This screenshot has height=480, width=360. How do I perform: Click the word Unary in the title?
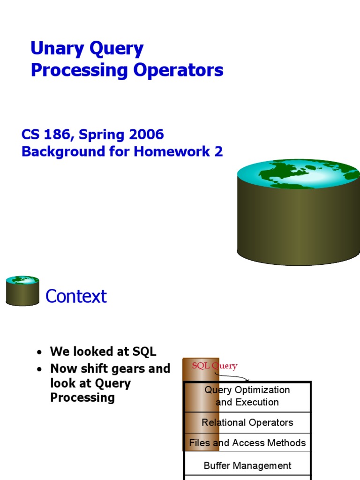pos(57,49)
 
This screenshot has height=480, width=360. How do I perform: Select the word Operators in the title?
pos(178,70)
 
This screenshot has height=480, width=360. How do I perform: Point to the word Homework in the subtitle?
pos(172,151)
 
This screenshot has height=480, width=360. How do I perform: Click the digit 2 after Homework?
pos(218,151)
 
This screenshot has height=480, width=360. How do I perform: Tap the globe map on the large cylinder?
pos(299,173)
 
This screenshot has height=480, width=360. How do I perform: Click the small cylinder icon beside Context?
pos(22,291)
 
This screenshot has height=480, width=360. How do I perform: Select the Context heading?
pos(76,296)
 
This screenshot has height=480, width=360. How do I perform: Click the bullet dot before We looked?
pos(39,352)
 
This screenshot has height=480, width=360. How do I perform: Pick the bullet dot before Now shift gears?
pos(39,369)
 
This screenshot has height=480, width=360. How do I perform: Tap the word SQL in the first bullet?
pos(144,352)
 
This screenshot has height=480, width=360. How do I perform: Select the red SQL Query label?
pos(215,366)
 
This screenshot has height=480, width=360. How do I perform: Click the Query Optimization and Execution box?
pos(247,397)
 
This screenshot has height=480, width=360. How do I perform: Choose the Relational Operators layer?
pos(247,423)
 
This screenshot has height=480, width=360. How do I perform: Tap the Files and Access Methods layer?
pos(247,442)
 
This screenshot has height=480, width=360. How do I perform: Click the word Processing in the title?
pos(79,71)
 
